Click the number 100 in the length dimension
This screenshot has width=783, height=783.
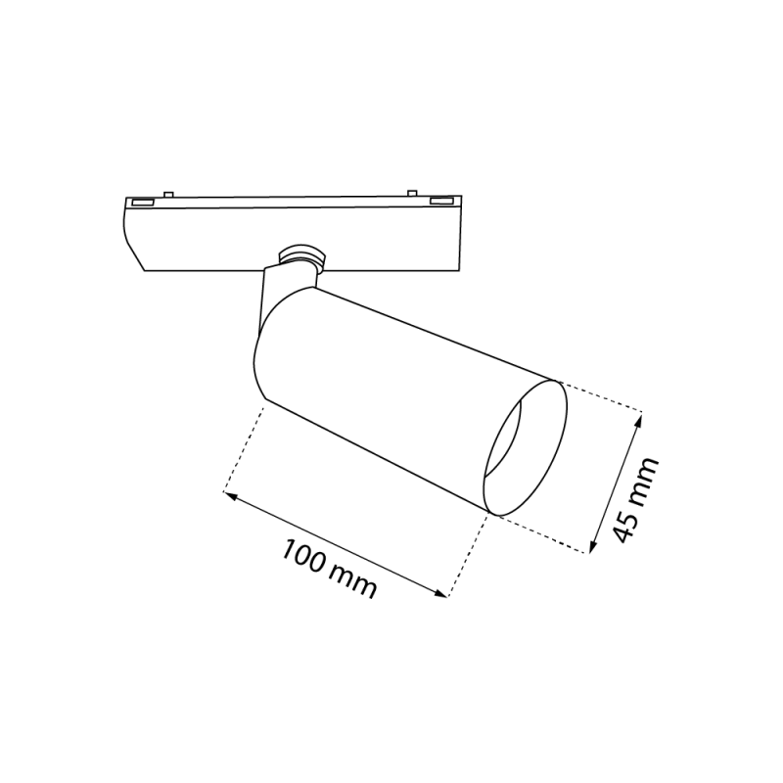pyautogui.click(x=304, y=557)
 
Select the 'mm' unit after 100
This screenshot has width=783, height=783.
pyautogui.click(x=353, y=580)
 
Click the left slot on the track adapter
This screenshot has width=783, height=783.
pyautogui.click(x=143, y=202)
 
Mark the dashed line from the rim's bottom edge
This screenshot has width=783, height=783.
pyautogui.click(x=543, y=534)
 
